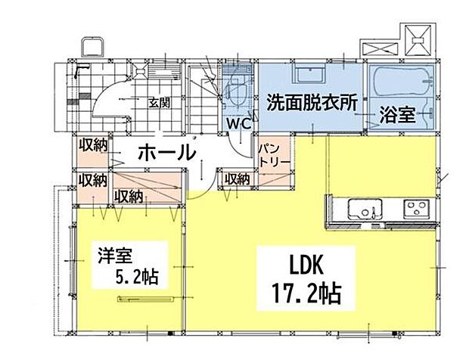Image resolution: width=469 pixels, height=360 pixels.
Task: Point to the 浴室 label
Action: (396, 116)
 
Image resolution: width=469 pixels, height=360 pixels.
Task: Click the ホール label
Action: (166, 152)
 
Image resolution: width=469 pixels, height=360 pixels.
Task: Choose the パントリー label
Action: (270, 154)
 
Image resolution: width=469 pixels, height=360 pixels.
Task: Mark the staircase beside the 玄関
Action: (203, 98)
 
